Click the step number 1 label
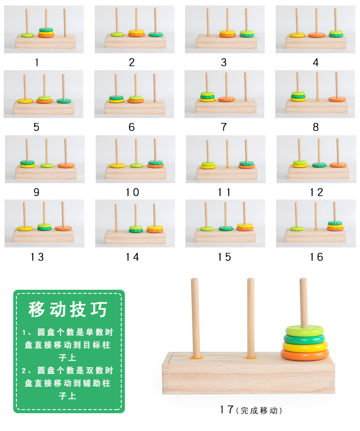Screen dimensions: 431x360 click(37, 63)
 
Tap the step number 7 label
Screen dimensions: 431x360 click(224, 128)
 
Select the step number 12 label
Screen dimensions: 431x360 click(316, 192)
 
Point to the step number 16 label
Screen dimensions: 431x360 click(316, 257)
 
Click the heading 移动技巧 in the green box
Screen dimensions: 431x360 click(68, 309)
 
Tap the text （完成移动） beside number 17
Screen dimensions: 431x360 click(259, 410)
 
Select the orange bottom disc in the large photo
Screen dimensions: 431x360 click(305, 354)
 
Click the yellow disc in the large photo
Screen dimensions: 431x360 click(305, 346)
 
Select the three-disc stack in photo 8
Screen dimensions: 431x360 click(298, 97)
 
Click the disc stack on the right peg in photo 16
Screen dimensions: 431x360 click(335, 226)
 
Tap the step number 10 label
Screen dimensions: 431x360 click(132, 192)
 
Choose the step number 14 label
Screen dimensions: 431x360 click(132, 257)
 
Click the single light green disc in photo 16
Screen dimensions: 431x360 click(297, 228)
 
